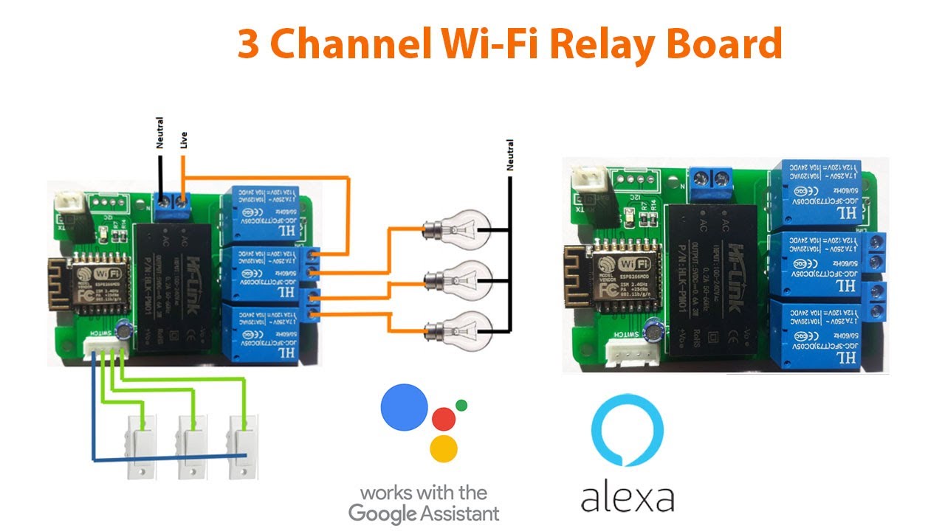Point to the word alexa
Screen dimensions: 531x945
click(628, 498)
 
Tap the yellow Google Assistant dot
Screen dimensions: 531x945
click(444, 448)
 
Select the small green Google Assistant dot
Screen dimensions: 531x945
click(462, 405)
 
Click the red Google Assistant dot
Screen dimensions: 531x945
click(444, 418)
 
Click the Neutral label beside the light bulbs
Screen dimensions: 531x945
click(509, 156)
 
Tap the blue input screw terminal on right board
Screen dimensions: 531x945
click(709, 178)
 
